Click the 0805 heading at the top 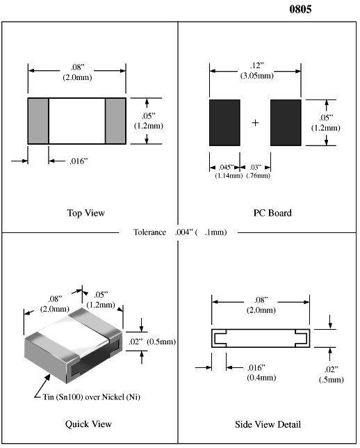(x=300, y=9)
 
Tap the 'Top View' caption (x=86, y=213)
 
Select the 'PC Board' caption (x=272, y=213)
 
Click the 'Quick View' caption (x=88, y=424)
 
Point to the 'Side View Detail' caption (x=268, y=424)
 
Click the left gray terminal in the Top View (x=38, y=121)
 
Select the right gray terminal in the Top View (x=115, y=121)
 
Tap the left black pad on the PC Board (x=224, y=122)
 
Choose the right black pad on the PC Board (x=286, y=122)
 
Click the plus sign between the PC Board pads (x=255, y=123)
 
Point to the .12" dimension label (x=256, y=65)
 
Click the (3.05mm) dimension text (x=257, y=76)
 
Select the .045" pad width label (x=226, y=167)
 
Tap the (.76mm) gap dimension (x=258, y=175)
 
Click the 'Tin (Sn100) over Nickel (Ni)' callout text (x=91, y=397)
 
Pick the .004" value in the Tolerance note (x=184, y=232)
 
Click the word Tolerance (x=149, y=232)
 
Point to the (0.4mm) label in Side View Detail (x=261, y=378)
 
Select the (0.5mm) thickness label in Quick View (x=161, y=342)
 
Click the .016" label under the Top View (x=79, y=161)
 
